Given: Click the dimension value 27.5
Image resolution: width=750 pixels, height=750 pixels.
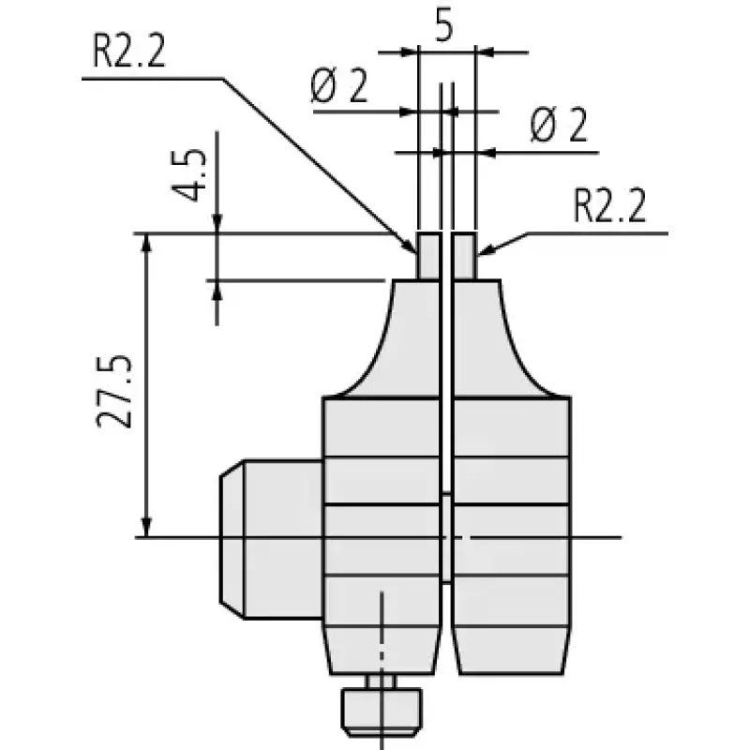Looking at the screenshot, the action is coord(113,391).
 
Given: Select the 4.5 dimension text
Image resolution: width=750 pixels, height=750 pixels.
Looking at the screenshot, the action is coord(189,175).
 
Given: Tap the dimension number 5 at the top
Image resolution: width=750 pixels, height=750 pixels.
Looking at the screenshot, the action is coord(443,27).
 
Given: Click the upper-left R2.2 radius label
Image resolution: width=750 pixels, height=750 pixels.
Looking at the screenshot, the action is coord(128,52).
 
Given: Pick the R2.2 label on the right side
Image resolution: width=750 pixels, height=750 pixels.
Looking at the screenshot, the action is coord(609,206).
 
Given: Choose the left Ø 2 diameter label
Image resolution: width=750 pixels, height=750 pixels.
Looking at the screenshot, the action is coord(339,86).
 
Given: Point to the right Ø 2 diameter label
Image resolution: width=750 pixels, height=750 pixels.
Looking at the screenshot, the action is coord(559,126).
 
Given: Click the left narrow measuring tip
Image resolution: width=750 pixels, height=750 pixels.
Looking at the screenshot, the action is coord(428,256).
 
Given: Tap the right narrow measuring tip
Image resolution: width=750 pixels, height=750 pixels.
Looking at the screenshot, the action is coord(464,256).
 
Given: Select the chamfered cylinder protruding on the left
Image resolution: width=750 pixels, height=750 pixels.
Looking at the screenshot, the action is coord(271,539).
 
